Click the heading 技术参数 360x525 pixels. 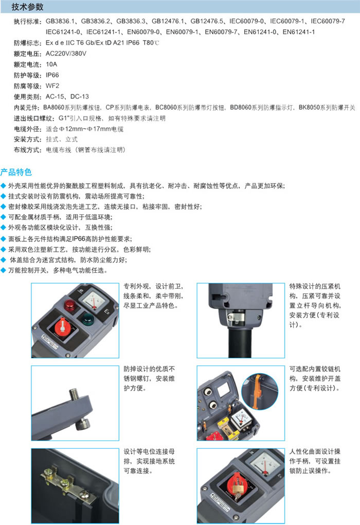click(27, 7)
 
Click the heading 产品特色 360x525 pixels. click(16, 172)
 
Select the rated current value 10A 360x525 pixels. click(51, 64)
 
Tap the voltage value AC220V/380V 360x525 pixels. click(66, 54)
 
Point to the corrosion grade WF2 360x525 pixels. click(52, 86)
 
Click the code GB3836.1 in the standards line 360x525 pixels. click(60, 21)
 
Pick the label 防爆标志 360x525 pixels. click(27, 43)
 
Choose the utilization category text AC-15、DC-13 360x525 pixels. click(67, 96)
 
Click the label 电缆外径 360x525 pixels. click(27, 129)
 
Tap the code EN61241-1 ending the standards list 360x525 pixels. click(298, 32)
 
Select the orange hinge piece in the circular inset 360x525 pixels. click(256, 392)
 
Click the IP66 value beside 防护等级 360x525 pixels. click(52, 75)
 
